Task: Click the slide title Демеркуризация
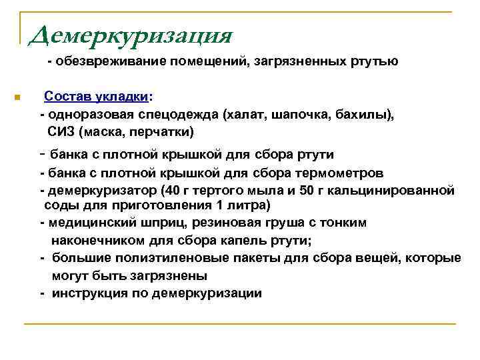pyautogui.click(x=131, y=34)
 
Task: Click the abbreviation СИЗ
pyautogui.click(x=59, y=131)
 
